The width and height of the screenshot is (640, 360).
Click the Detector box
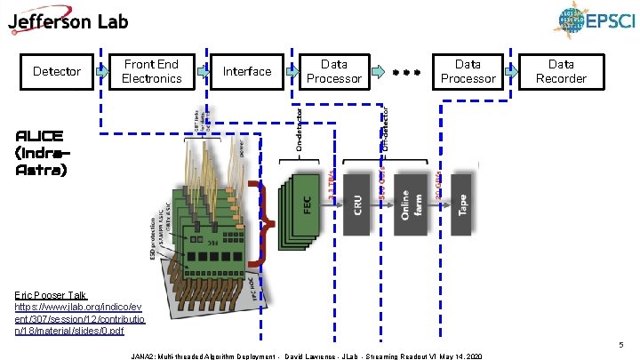click(56, 71)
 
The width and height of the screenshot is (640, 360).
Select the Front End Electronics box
click(151, 71)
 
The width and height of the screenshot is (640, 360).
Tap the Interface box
click(246, 71)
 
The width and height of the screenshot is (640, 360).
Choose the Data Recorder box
click(561, 71)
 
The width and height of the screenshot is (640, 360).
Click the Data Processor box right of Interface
click(333, 71)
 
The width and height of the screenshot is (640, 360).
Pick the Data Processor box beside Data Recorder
click(468, 71)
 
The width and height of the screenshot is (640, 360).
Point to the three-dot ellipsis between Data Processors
click(404, 72)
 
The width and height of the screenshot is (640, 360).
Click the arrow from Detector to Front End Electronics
click(102, 69)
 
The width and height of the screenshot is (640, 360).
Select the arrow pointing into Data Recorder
click(511, 70)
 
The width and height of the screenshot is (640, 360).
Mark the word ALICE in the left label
click(39, 136)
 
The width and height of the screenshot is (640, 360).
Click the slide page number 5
click(623, 343)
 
